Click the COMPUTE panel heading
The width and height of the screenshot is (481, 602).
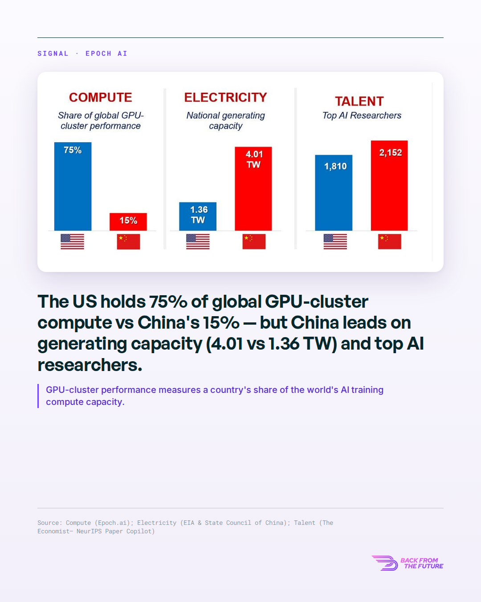[100, 97]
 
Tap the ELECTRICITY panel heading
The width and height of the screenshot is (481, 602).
[225, 97]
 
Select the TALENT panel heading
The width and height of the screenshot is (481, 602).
[359, 101]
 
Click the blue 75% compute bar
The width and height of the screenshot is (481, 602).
[73, 186]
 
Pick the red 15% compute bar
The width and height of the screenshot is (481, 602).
[128, 222]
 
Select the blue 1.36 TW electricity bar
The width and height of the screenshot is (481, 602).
[198, 216]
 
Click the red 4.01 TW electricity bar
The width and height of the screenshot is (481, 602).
[253, 189]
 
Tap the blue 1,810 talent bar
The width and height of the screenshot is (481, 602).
[334, 193]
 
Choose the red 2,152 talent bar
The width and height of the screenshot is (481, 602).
[389, 186]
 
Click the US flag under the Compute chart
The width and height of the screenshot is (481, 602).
[73, 241]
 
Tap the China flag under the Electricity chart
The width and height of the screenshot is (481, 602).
[254, 241]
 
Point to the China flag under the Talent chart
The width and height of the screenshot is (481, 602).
[390, 241]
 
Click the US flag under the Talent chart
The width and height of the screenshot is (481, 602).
[335, 241]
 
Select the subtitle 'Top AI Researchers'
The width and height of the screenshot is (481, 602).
[362, 115]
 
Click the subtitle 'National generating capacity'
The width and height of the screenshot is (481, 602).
[225, 120]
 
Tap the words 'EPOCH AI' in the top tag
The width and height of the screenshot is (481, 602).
[106, 54]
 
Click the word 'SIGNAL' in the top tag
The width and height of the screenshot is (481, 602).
[53, 54]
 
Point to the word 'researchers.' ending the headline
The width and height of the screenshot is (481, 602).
[90, 365]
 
